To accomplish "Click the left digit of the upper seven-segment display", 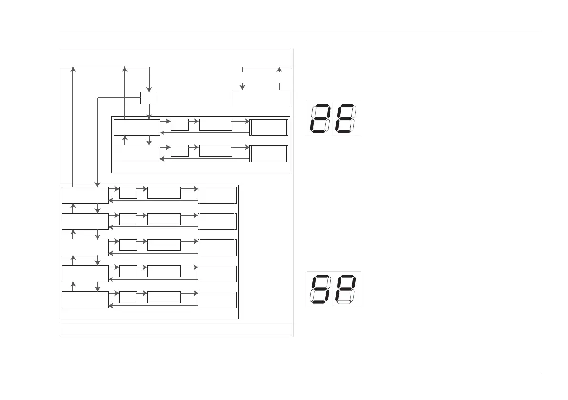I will tap(320, 118).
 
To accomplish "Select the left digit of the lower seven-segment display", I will tap(320, 289).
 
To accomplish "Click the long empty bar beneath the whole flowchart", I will tap(175, 329).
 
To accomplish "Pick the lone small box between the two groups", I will tap(149, 98).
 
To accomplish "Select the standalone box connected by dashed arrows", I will tap(261, 97).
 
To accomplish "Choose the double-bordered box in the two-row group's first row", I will tap(269, 128).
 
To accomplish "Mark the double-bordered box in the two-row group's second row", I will tap(269, 154).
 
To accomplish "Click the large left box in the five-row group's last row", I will tap(85, 299).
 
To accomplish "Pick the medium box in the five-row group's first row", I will tap(164, 193).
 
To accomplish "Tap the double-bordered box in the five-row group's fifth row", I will tap(217, 300).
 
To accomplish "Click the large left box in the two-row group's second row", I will tap(137, 154).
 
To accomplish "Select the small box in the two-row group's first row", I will tap(179, 124).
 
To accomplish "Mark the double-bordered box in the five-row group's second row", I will tap(217, 221).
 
